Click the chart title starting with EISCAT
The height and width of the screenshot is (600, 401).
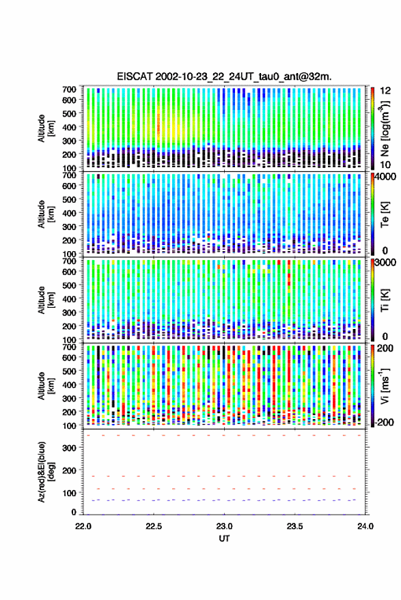click(x=224, y=76)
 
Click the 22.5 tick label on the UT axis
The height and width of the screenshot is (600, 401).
click(x=154, y=526)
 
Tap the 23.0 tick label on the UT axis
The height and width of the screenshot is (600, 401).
click(x=224, y=526)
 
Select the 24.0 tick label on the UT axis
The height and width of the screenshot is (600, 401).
click(x=365, y=526)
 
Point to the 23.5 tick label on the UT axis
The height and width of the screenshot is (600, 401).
click(x=294, y=526)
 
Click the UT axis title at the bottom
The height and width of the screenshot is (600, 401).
click(x=224, y=539)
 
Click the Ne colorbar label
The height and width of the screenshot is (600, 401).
click(x=385, y=128)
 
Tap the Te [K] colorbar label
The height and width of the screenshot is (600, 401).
click(x=385, y=215)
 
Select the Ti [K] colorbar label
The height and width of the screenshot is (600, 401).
click(x=385, y=300)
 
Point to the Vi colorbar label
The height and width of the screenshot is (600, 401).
click(x=385, y=386)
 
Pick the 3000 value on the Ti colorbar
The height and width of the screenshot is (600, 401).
click(x=386, y=263)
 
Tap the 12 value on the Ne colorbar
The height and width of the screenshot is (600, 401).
click(x=385, y=91)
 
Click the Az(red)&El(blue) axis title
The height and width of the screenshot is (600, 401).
click(x=46, y=472)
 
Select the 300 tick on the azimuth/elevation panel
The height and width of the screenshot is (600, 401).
click(x=69, y=448)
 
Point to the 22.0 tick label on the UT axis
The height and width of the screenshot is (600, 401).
click(x=83, y=526)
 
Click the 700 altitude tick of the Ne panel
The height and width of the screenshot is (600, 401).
click(x=69, y=89)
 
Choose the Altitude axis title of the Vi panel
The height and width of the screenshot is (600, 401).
click(x=46, y=386)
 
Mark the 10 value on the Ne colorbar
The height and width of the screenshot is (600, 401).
click(x=385, y=165)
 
